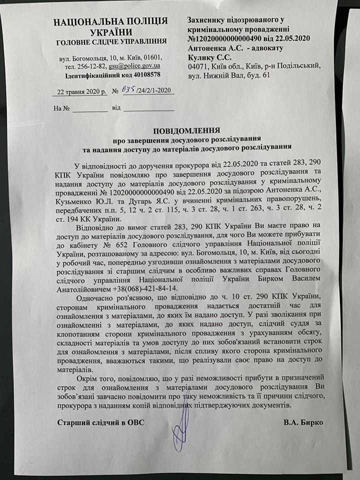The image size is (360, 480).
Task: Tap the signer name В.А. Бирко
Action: [x=303, y=422]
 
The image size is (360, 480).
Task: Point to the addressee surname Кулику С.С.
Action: [x=207, y=58]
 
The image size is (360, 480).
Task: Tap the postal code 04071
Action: [x=196, y=67]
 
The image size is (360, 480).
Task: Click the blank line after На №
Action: [x=91, y=109]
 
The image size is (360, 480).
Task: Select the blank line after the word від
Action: [x=149, y=109]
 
